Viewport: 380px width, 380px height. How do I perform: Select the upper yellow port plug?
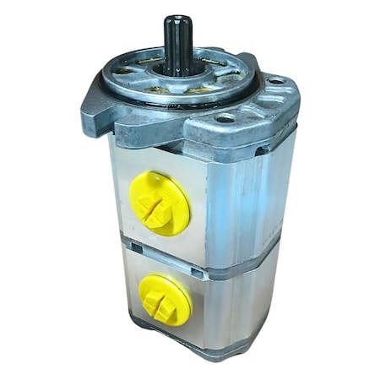point(159,203)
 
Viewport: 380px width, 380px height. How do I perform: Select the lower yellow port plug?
point(164,299)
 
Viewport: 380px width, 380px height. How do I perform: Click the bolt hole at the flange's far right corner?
point(274,81)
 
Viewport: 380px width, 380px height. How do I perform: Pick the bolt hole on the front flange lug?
point(225,119)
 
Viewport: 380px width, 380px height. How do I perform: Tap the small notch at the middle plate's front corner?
point(197,271)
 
